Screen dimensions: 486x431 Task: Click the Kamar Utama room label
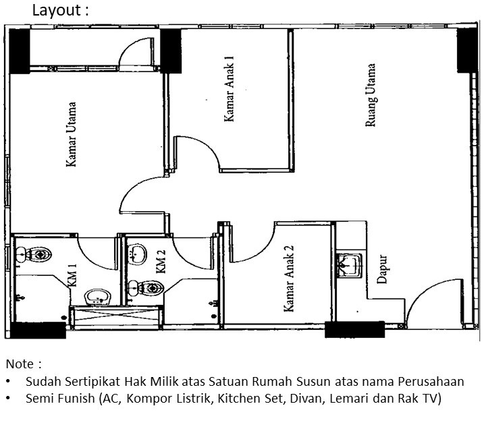pyautogui.click(x=71, y=134)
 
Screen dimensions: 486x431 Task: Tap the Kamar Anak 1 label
pyautogui.click(x=229, y=89)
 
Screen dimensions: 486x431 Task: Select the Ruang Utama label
pyautogui.click(x=371, y=95)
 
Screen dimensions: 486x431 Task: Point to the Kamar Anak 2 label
pyautogui.click(x=289, y=279)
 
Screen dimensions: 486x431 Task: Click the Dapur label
pyautogui.click(x=382, y=269)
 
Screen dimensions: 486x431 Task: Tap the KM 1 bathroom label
pyautogui.click(x=72, y=275)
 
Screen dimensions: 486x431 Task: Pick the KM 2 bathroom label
pyautogui.click(x=161, y=262)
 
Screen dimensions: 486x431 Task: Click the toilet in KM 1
pyautogui.click(x=34, y=254)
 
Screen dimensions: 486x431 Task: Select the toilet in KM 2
pyautogui.click(x=146, y=288)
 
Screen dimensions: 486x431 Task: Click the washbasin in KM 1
pyautogui.click(x=97, y=297)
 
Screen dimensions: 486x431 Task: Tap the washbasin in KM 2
pyautogui.click(x=137, y=254)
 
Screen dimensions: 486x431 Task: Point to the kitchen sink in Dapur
pyautogui.click(x=350, y=265)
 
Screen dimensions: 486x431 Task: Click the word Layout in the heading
pyautogui.click(x=57, y=10)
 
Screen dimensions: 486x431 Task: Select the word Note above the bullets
pyautogui.click(x=20, y=364)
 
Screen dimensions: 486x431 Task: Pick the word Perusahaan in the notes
pyautogui.click(x=431, y=382)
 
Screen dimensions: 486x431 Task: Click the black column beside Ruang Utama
pyautogui.click(x=467, y=50)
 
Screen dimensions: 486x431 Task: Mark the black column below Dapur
pyautogui.click(x=354, y=329)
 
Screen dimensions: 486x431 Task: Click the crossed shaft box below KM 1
pyautogui.click(x=116, y=317)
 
